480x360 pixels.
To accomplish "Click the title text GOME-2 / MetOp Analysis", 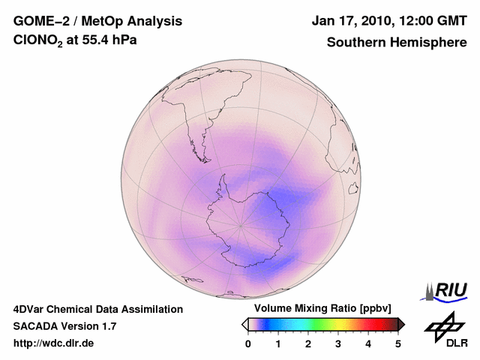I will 97,22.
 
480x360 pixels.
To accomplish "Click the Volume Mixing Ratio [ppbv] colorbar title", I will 319,309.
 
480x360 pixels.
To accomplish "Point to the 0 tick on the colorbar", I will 248,343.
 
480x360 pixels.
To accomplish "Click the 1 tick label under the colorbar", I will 278,343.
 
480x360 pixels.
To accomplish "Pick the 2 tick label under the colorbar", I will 308,343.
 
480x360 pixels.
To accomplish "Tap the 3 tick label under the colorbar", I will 338,343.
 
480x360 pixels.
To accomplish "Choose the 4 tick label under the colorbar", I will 368,343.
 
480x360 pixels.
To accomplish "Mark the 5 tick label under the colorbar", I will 398,343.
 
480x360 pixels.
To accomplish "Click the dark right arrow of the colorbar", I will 402,324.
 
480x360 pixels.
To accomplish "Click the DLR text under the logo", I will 457,343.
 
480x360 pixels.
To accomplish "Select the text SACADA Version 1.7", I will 64,326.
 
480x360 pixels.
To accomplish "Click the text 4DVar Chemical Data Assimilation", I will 97,309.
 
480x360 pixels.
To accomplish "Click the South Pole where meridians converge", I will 241,224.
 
